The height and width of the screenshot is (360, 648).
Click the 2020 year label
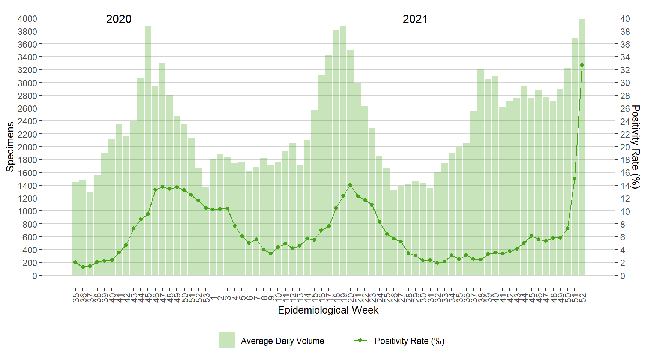click(118, 19)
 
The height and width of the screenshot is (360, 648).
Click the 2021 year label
click(415, 19)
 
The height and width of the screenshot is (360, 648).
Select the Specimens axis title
click(10, 147)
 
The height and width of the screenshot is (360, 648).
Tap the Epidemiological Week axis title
click(328, 310)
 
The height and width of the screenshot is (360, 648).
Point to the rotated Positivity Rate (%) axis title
click(635, 147)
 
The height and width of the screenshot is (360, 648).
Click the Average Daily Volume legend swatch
click(227, 340)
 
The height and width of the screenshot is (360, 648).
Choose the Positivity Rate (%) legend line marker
click(360, 340)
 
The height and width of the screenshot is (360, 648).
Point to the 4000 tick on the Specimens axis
click(27, 18)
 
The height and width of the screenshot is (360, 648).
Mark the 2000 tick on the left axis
click(27, 147)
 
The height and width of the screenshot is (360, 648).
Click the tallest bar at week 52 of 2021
click(582, 150)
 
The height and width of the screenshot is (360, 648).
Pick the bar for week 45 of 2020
click(148, 150)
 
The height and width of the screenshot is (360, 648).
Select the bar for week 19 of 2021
click(343, 150)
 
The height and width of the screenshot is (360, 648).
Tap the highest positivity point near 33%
click(582, 65)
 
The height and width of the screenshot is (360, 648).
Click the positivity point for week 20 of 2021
click(350, 185)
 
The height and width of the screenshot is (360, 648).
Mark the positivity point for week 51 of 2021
click(574, 179)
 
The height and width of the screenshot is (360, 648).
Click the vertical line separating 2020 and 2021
click(213, 112)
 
